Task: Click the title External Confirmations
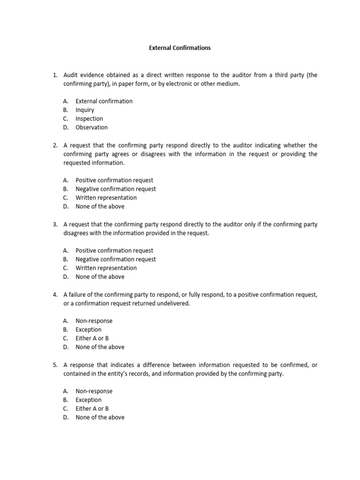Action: pyautogui.click(x=180, y=48)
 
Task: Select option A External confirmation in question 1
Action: pyautogui.click(x=104, y=101)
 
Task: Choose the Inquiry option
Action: pyautogui.click(x=85, y=110)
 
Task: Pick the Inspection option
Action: pyautogui.click(x=89, y=119)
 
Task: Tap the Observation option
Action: pyautogui.click(x=91, y=127)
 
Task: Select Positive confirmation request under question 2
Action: pyautogui.click(x=114, y=180)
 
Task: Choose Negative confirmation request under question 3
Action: pyautogui.click(x=116, y=259)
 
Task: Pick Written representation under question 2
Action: pyautogui.click(x=106, y=198)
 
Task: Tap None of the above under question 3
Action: pyautogui.click(x=100, y=277)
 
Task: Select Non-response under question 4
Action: pyautogui.click(x=94, y=321)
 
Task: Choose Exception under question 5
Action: pyautogui.click(x=89, y=400)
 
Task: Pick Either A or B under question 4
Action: pyautogui.click(x=92, y=338)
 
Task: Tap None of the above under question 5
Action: pyautogui.click(x=100, y=417)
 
